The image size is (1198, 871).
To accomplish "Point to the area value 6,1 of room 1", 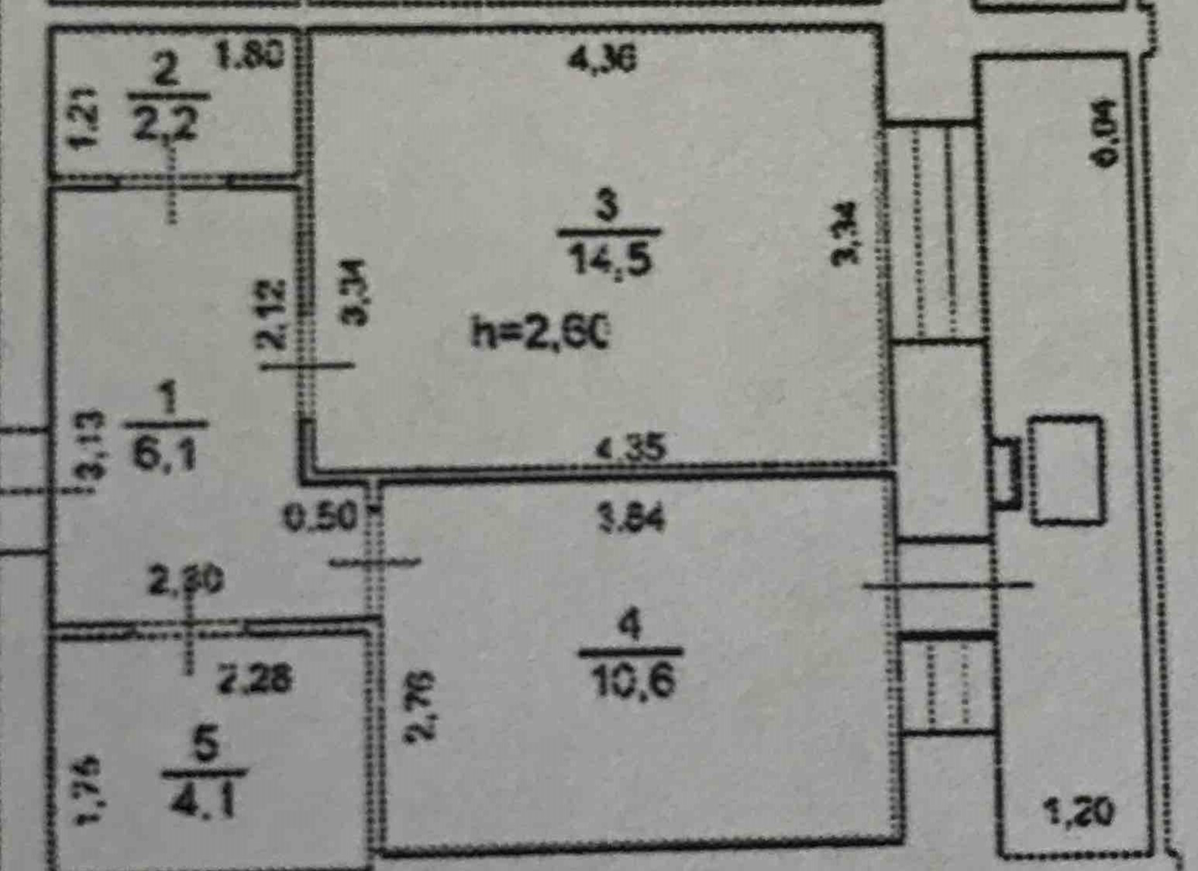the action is click(x=164, y=454).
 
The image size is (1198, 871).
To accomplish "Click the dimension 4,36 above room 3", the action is click(x=602, y=59).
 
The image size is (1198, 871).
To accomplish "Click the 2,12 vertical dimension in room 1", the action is click(x=273, y=314).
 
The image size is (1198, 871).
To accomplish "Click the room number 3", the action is click(x=607, y=207).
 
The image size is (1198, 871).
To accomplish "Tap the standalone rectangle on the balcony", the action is click(x=1065, y=470).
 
